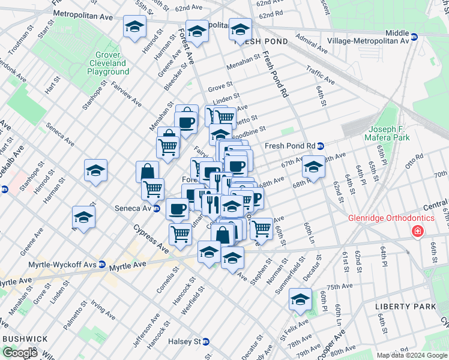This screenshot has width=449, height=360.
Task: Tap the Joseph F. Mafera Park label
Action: tap(390, 133)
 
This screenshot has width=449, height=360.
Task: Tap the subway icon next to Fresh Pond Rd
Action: tap(321, 146)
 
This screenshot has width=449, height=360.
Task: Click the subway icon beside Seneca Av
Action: tap(157, 209)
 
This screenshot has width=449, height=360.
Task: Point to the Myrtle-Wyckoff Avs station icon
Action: tap(102, 264)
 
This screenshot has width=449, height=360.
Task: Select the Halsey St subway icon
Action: tap(205, 341)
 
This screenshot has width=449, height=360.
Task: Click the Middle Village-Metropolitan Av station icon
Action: tap(414, 37)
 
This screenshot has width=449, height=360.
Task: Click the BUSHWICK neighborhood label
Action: tap(25, 338)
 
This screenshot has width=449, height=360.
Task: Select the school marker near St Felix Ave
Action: tap(300, 298)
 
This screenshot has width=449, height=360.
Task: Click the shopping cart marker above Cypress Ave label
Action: tap(180, 233)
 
